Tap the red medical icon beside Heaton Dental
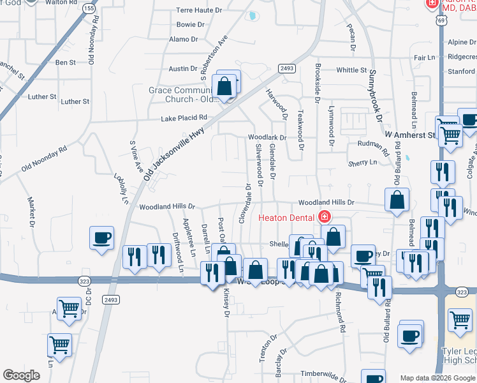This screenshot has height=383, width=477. click(x=325, y=217)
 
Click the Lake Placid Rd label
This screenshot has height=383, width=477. click(x=184, y=118)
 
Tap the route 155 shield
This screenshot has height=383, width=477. click(x=89, y=9)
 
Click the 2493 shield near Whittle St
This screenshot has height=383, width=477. click(x=287, y=68)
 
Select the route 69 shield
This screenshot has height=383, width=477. click(x=441, y=20)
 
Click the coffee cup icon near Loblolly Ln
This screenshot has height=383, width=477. click(x=102, y=239)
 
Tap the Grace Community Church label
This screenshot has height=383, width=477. click(x=182, y=94)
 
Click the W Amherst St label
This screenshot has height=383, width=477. click(x=409, y=135)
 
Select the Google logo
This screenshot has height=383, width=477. click(x=22, y=375)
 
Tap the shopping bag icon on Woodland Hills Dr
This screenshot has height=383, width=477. click(x=397, y=200)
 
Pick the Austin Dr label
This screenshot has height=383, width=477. click(x=183, y=69)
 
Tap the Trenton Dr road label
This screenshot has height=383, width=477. click(x=268, y=347)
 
